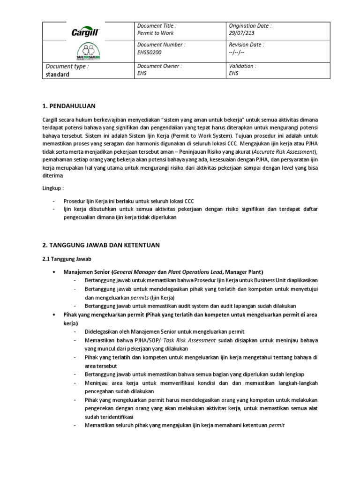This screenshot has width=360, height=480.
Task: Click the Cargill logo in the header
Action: (85, 31)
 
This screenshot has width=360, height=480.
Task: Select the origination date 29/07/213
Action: (242, 33)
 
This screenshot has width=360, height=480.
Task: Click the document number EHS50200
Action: (149, 52)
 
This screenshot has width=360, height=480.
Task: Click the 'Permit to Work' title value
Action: (155, 33)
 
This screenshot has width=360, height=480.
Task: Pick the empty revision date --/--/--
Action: (237, 52)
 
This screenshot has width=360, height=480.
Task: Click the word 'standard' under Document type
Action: (57, 75)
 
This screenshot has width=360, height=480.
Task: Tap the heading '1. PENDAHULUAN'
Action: (72, 106)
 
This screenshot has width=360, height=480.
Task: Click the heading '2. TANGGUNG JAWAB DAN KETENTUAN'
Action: (101, 245)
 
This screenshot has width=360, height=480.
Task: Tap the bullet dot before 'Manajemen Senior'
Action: (56, 272)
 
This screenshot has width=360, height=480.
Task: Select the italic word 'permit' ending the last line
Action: (277, 425)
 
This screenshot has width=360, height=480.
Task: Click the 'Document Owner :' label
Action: (158, 66)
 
